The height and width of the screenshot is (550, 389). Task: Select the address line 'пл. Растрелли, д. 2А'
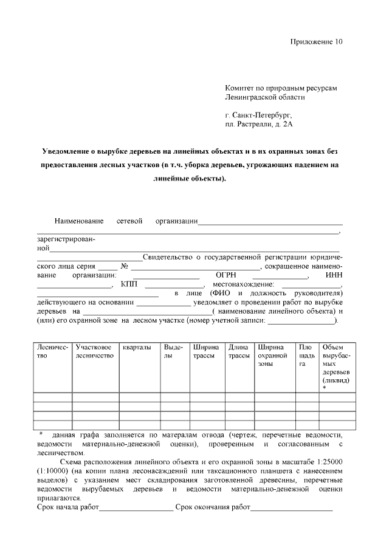pyautogui.click(x=259, y=124)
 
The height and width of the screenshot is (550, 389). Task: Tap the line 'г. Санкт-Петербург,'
pyautogui.click(x=258, y=114)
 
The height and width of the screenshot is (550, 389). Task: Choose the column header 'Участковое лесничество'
pyautogui.click(x=94, y=351)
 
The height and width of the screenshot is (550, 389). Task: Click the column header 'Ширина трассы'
pyautogui.click(x=205, y=351)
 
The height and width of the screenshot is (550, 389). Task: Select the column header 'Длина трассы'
pyautogui.click(x=239, y=351)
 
